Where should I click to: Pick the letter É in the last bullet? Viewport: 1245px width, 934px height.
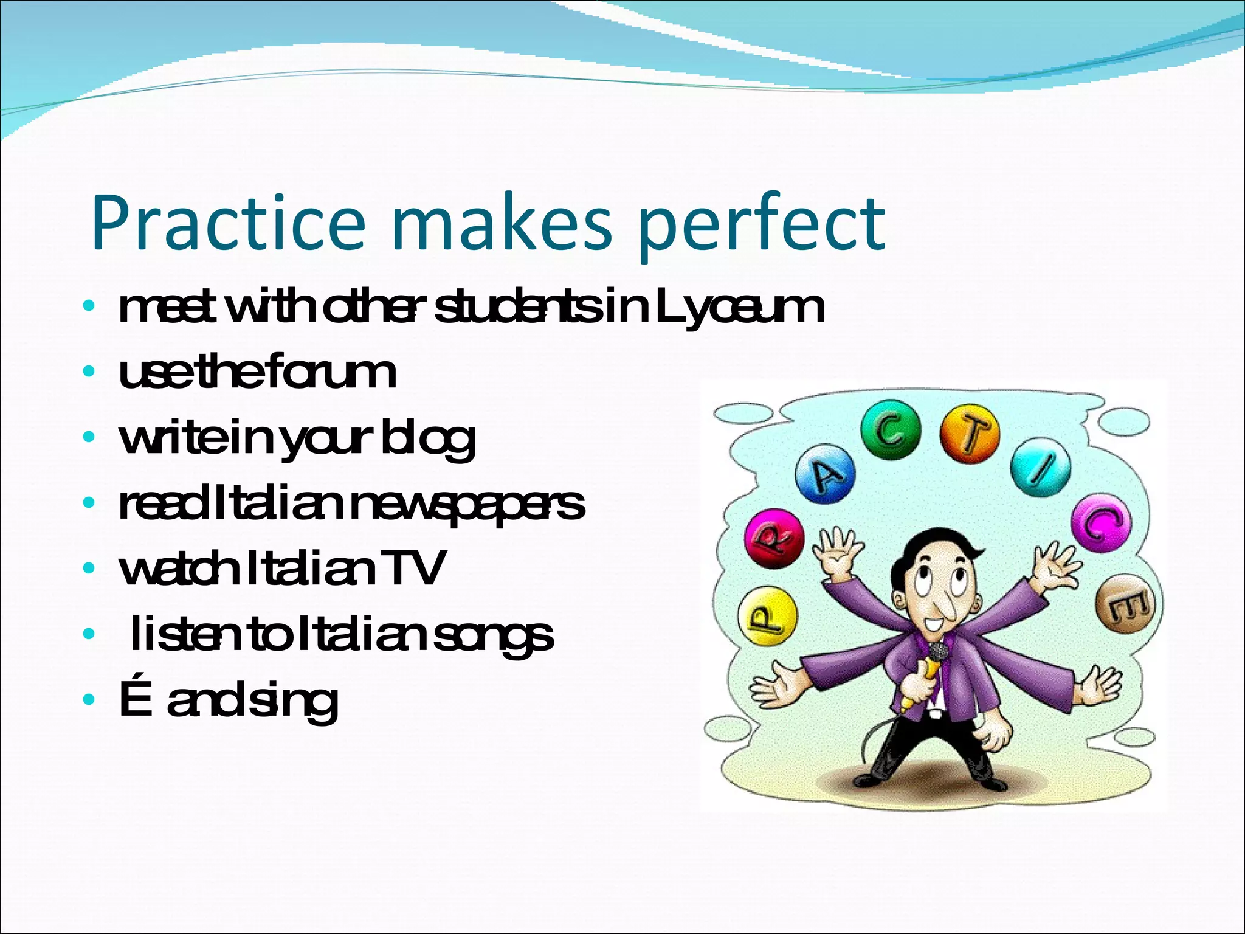[134, 699]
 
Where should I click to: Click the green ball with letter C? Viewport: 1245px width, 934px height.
[891, 431]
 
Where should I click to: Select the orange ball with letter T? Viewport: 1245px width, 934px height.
[970, 434]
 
